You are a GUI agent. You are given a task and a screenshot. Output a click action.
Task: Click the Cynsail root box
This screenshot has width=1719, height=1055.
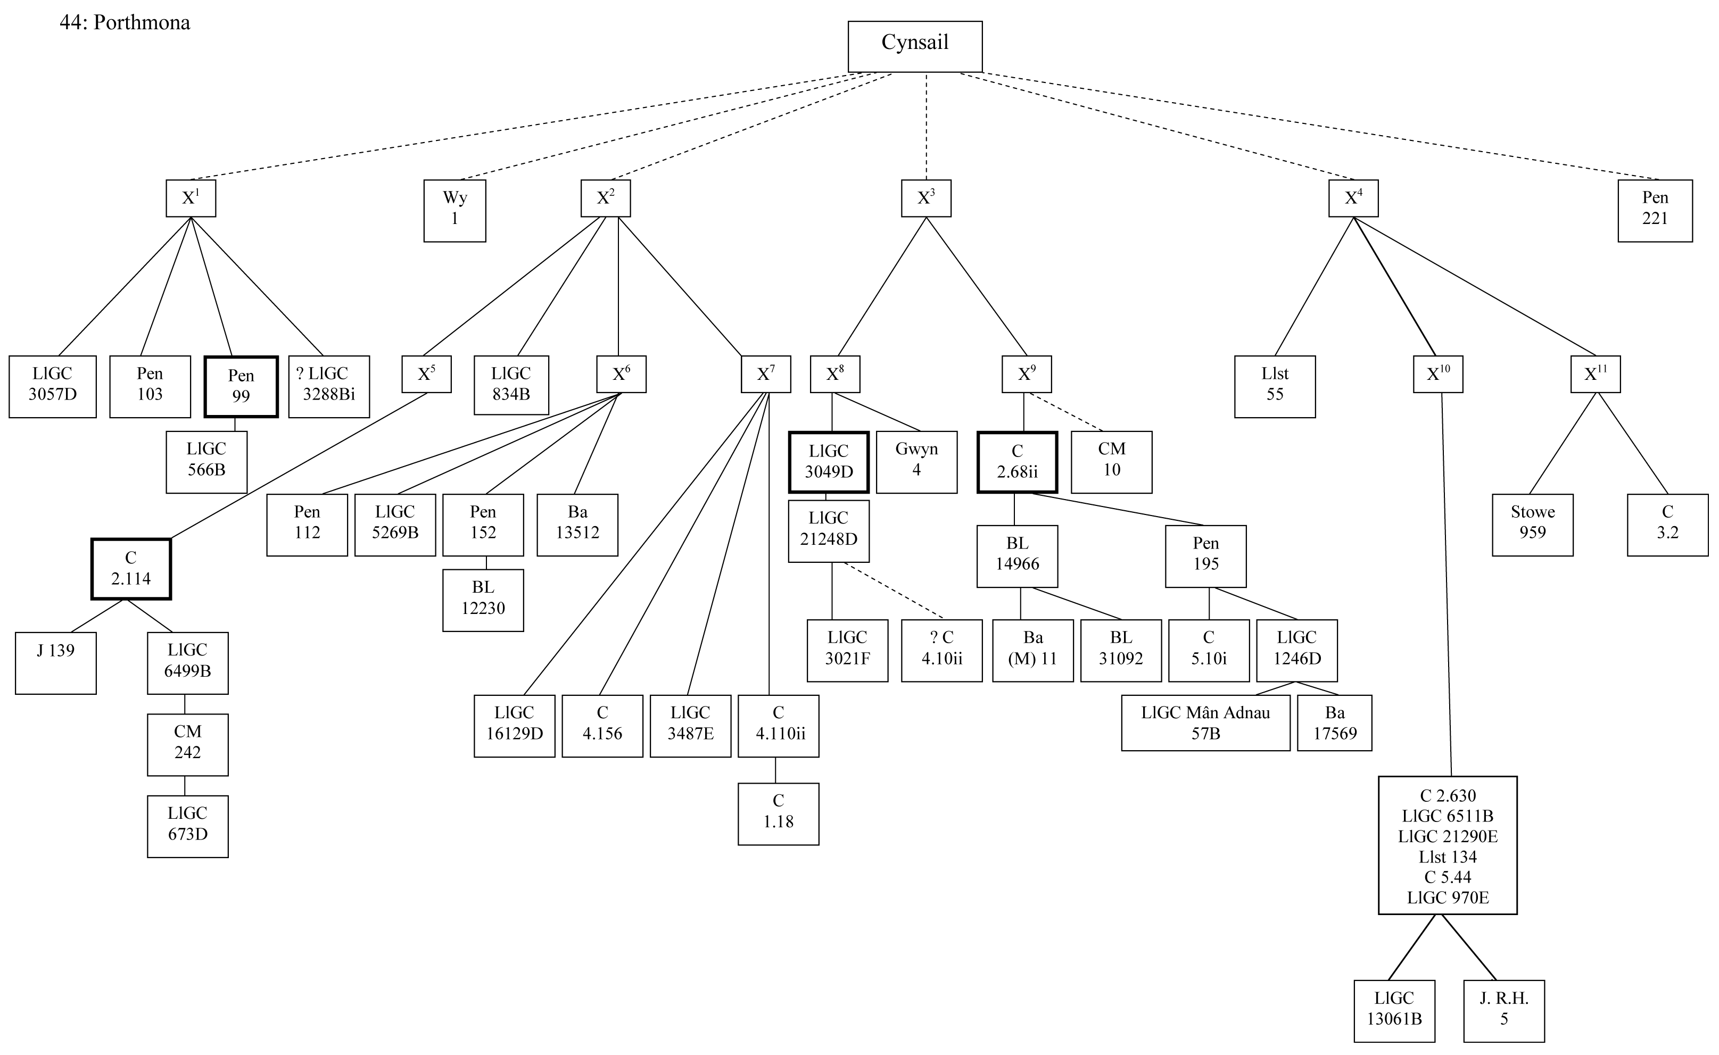(x=914, y=46)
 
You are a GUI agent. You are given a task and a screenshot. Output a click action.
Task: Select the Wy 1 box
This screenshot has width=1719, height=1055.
(x=454, y=211)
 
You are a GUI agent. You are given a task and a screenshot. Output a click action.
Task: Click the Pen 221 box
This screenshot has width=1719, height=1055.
(x=1655, y=211)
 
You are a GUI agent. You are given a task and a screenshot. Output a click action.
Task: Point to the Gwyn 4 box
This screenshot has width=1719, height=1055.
(x=916, y=462)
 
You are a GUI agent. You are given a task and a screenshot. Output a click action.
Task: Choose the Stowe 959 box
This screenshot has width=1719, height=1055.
(x=1533, y=525)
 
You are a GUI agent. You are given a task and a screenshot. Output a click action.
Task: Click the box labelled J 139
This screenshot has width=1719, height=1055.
(x=56, y=662)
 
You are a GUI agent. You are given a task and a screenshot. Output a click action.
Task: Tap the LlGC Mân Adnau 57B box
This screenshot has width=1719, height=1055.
(x=1205, y=723)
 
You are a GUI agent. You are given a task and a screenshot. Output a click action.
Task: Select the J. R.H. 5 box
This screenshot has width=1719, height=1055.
(x=1504, y=1011)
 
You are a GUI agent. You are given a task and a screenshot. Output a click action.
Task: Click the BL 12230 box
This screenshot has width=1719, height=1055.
(x=483, y=600)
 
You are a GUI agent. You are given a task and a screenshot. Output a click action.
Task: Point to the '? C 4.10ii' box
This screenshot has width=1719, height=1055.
(x=941, y=650)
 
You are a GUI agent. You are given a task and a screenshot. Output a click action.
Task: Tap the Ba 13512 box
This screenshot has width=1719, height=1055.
(x=577, y=525)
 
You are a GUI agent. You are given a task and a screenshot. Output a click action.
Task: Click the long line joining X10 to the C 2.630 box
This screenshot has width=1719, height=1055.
(x=1446, y=586)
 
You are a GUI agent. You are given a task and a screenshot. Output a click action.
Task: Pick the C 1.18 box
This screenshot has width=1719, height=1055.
(x=778, y=813)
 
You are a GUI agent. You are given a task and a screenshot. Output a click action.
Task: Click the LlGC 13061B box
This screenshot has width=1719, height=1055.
(x=1394, y=1011)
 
